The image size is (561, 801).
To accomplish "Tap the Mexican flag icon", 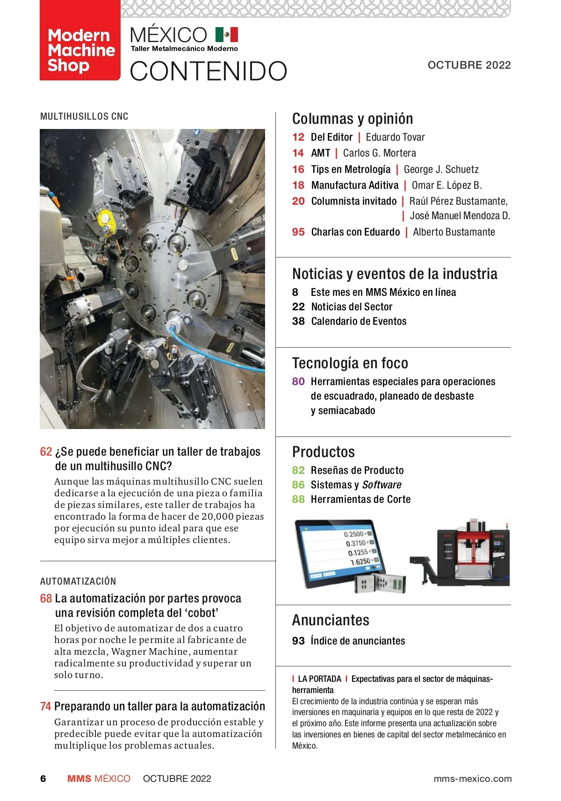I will click(227, 35).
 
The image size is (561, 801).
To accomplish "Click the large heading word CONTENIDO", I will click(209, 71).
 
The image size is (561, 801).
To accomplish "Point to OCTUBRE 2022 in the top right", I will click(469, 65).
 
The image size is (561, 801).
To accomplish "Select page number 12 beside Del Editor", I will click(298, 137).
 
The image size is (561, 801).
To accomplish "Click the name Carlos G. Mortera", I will click(379, 153).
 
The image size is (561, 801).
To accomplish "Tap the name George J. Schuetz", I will click(441, 170).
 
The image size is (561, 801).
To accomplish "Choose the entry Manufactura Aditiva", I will click(355, 186).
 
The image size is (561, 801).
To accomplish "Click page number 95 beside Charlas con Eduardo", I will click(298, 232).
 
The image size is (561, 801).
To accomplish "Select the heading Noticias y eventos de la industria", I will click(395, 274).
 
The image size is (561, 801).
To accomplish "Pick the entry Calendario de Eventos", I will click(359, 322).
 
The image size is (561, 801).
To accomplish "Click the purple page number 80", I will click(298, 382).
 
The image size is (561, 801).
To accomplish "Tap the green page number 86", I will click(298, 485).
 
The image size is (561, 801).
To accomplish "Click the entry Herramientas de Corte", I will click(360, 500).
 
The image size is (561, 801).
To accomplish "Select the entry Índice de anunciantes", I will click(358, 641).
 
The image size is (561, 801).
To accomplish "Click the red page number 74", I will click(45, 706).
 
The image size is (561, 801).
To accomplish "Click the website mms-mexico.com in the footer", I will click(472, 779).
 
